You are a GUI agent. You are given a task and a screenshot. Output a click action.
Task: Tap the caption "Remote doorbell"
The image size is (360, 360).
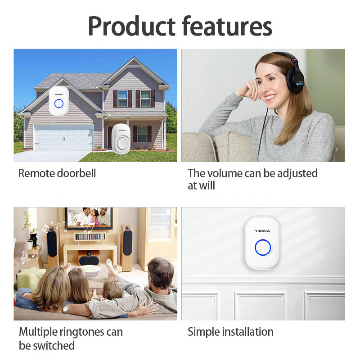[57, 173]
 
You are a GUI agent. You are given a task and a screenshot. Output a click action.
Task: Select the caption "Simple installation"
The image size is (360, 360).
[230, 332]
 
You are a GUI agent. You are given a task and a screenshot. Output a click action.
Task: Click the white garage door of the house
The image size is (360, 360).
[63, 137]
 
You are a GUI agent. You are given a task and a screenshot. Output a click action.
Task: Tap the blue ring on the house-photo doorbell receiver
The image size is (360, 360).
[59, 103]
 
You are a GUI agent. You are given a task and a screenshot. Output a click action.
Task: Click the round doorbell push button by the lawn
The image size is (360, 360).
[121, 144]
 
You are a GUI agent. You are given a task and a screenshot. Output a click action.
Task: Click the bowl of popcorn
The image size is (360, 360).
[91, 271]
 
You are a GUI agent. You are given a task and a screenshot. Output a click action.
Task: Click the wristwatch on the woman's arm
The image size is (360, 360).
[66, 308]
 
